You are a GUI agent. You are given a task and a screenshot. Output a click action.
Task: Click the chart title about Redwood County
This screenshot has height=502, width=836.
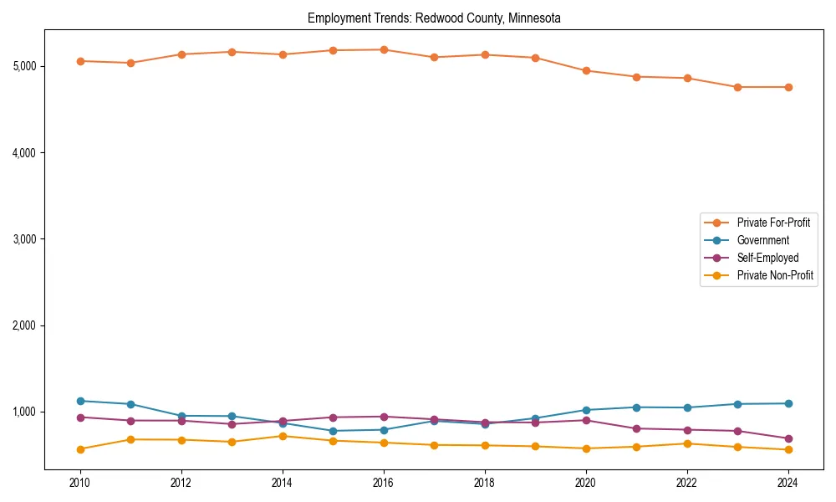(434, 18)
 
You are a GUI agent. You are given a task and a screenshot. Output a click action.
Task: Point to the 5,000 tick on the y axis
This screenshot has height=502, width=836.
(23, 66)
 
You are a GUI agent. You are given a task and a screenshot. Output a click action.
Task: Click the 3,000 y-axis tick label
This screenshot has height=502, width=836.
(23, 239)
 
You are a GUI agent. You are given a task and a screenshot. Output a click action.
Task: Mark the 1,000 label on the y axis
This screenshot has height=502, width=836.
(23, 412)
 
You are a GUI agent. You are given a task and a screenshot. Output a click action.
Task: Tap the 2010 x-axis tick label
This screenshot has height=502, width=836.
(80, 483)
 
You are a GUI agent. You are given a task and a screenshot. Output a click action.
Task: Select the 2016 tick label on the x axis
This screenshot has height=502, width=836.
(384, 483)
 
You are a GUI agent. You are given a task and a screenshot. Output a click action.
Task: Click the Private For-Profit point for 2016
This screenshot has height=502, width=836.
(384, 49)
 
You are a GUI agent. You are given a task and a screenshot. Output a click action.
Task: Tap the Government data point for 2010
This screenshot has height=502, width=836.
(80, 401)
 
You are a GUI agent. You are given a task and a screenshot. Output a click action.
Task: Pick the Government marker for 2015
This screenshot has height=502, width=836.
(333, 431)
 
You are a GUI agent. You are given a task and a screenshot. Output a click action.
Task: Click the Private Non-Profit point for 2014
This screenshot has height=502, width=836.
(283, 436)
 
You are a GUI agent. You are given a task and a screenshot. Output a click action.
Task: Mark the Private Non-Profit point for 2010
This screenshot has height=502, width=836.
(80, 449)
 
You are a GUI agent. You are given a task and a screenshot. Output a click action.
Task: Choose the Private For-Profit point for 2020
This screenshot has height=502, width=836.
(586, 71)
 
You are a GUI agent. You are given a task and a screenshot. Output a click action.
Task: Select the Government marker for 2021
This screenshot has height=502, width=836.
(636, 407)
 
